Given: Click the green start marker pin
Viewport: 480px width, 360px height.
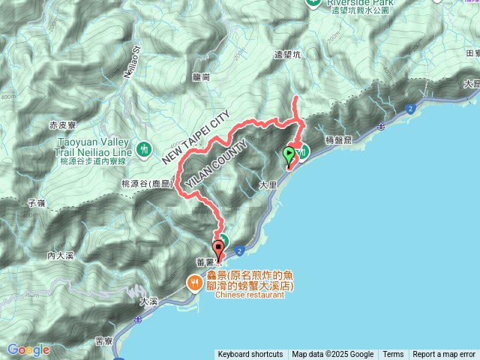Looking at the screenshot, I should pos(289,155).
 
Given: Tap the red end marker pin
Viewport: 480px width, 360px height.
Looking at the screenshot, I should pos(219,248).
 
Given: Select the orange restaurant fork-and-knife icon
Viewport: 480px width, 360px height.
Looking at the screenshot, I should pos(194,282).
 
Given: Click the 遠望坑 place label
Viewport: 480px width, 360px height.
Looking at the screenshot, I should pos(287,55).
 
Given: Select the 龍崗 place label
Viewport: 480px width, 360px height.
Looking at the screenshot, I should pos(201,76).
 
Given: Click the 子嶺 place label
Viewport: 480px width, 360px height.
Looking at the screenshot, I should pos(36,202).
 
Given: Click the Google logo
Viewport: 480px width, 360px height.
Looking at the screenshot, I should pos(28,349).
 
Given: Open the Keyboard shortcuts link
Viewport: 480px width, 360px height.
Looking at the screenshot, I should pos(250,355).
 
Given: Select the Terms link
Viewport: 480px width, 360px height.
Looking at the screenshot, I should pos(393,355).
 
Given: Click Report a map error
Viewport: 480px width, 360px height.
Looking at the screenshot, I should pos(444,355).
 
